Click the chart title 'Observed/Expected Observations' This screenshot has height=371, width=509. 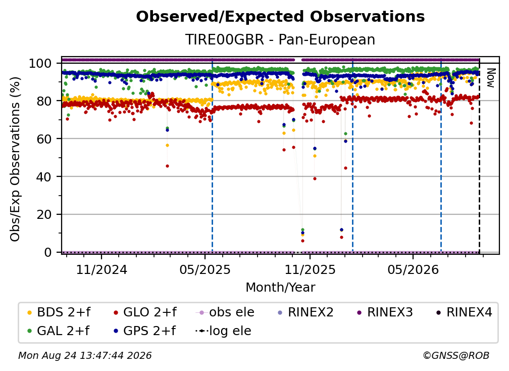(280, 17)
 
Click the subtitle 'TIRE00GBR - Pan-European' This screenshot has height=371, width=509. (280, 39)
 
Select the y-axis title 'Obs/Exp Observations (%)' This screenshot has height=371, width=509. (15, 159)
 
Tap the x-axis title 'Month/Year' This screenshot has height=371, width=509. (280, 287)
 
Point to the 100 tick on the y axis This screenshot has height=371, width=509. (40, 63)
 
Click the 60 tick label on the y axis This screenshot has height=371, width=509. (44, 138)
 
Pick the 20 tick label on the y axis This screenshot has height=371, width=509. (44, 214)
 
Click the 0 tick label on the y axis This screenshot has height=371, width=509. (48, 252)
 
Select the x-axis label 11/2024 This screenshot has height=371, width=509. (101, 269)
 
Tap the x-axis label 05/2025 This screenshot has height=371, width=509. (205, 269)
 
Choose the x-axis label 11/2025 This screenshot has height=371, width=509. (310, 269)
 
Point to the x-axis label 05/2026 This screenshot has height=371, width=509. (413, 269)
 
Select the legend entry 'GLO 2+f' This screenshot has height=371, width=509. (145, 312)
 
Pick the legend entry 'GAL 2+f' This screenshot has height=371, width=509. (58, 331)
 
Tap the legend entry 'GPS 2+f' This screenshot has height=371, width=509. (144, 331)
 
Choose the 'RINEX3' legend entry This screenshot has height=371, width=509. (385, 312)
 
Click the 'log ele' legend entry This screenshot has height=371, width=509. (223, 331)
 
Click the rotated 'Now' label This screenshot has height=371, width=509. (490, 78)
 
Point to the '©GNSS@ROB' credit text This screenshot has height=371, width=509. (456, 355)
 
